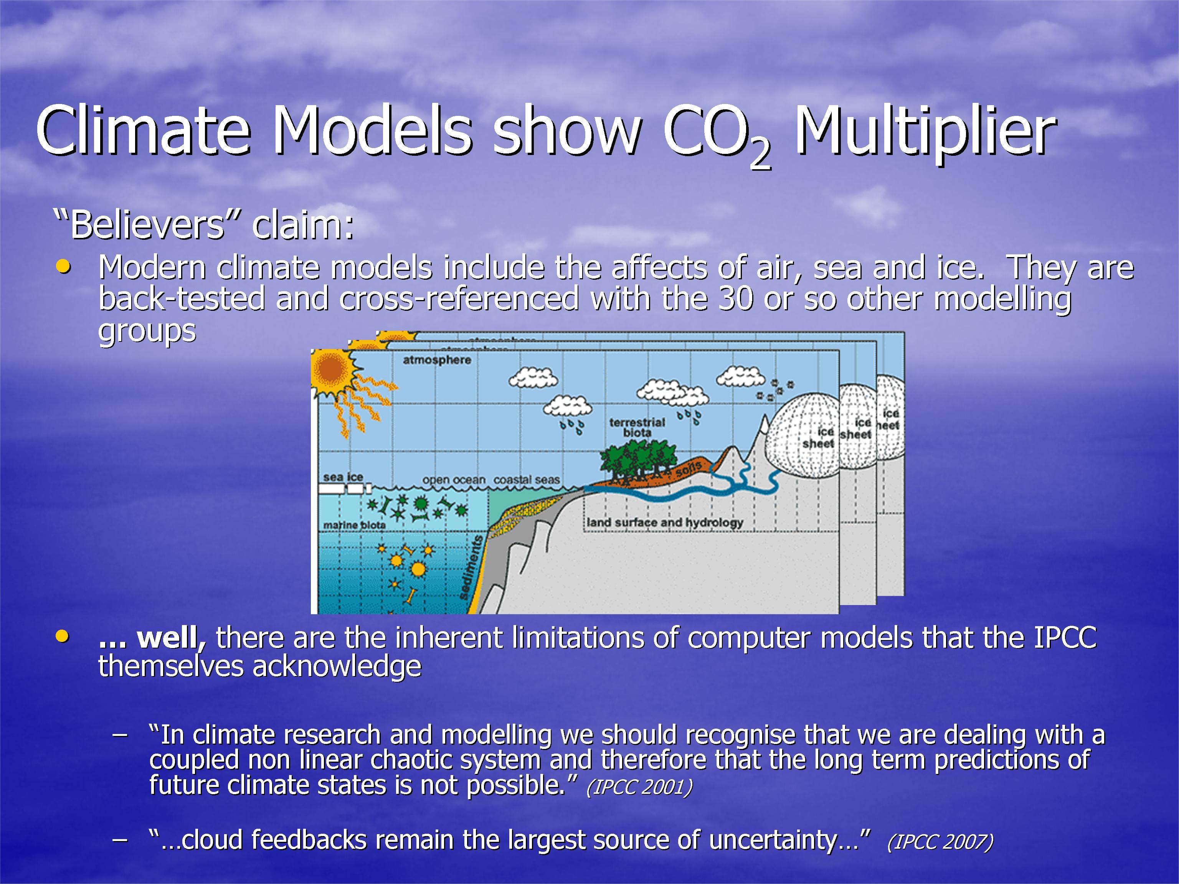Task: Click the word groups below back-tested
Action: click(x=147, y=332)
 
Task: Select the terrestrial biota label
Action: click(x=637, y=427)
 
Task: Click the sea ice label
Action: click(x=343, y=477)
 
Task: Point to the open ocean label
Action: click(x=454, y=480)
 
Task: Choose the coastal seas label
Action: click(x=527, y=480)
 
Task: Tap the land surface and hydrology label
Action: click(x=665, y=523)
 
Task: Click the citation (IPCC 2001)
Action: click(x=639, y=787)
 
